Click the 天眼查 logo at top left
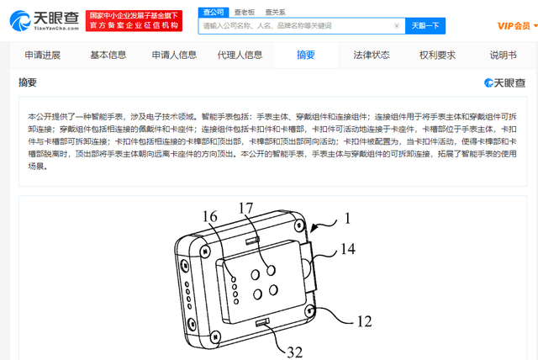point(45,20)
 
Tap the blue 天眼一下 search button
point(425,26)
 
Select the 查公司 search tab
point(214,13)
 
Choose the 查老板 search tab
point(245,13)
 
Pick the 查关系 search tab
point(275,13)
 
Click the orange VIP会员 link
point(514,26)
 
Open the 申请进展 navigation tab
point(43,55)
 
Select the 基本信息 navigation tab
point(108,55)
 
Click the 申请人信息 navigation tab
point(174,55)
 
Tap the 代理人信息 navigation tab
point(240,55)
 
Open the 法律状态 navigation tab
point(372,55)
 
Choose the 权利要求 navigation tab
point(437,55)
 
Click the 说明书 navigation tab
point(503,55)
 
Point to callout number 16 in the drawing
point(209,216)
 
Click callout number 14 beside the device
point(348,249)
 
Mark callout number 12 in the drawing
point(364,321)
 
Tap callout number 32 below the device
point(295,352)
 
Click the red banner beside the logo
point(134,20)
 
